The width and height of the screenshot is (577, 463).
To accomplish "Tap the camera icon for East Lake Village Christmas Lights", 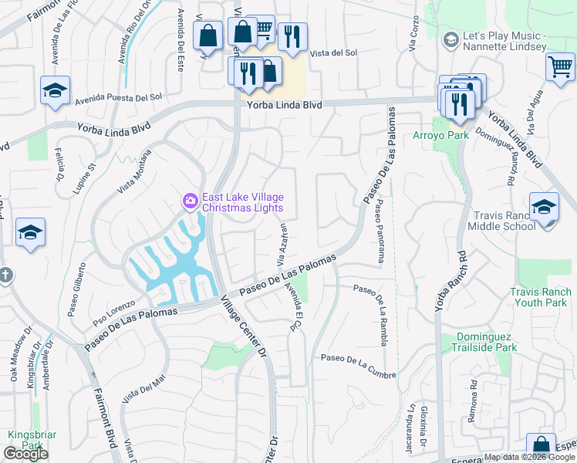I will (190, 201).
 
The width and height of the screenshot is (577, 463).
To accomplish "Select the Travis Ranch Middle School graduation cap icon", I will (544, 207).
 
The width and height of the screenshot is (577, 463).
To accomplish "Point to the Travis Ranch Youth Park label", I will (541, 298).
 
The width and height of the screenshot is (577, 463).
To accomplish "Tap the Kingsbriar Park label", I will (28, 440).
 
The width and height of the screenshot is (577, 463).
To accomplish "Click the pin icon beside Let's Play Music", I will (450, 39).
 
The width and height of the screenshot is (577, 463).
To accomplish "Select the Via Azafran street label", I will (282, 242).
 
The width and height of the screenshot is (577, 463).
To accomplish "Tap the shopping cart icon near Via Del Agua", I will (560, 66).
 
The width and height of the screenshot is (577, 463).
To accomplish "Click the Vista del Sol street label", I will (334, 53).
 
